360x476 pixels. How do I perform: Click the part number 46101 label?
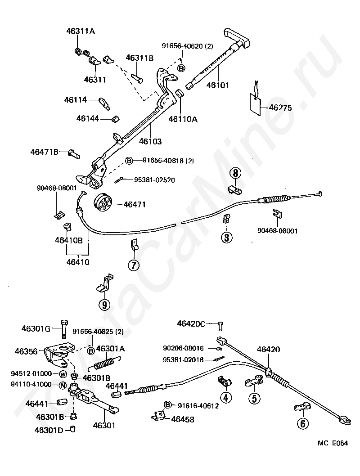click(218, 85)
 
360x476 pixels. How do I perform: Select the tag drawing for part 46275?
click(256, 104)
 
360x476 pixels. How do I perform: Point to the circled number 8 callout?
click(236, 172)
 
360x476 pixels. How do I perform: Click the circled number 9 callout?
click(104, 305)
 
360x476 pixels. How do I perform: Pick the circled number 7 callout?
click(133, 265)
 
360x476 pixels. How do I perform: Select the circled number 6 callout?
click(303, 423)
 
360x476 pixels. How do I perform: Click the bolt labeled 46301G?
click(63, 330)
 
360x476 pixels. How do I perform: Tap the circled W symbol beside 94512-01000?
click(63, 374)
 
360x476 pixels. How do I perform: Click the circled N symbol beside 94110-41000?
click(63, 385)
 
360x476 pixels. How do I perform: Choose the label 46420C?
click(191, 323)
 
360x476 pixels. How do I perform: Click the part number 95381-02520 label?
click(154, 180)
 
